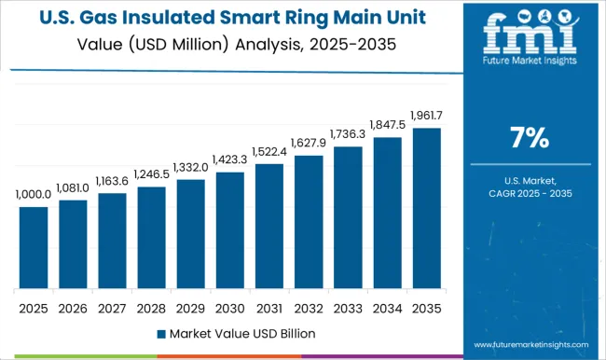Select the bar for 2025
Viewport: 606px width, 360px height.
click(x=34, y=247)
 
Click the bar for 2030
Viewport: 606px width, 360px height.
click(x=229, y=229)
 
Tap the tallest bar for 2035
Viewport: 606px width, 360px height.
click(x=426, y=207)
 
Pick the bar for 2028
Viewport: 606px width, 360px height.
click(x=151, y=237)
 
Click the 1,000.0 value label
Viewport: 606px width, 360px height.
click(x=34, y=194)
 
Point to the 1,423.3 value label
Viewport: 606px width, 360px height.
click(x=229, y=159)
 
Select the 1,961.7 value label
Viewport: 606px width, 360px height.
click(x=426, y=116)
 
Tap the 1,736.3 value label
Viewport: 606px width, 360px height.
click(x=347, y=134)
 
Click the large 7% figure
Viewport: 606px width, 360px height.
click(x=528, y=138)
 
